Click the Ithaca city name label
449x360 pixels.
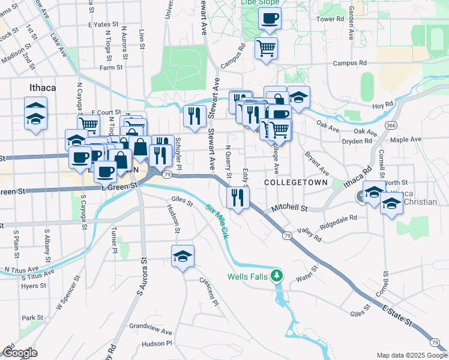(x=43, y=88)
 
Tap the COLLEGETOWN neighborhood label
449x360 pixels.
(x=297, y=182)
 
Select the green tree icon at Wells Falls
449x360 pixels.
(x=277, y=276)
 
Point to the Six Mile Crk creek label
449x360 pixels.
(x=217, y=220)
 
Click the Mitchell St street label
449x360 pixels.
(x=289, y=208)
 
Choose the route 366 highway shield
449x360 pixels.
(x=391, y=125)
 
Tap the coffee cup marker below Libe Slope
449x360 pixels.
(x=270, y=17)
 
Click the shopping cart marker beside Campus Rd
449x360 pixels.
(x=266, y=47)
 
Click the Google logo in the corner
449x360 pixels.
(x=19, y=353)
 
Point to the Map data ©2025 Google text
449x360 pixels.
(x=411, y=355)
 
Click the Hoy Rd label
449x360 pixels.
(x=382, y=105)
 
